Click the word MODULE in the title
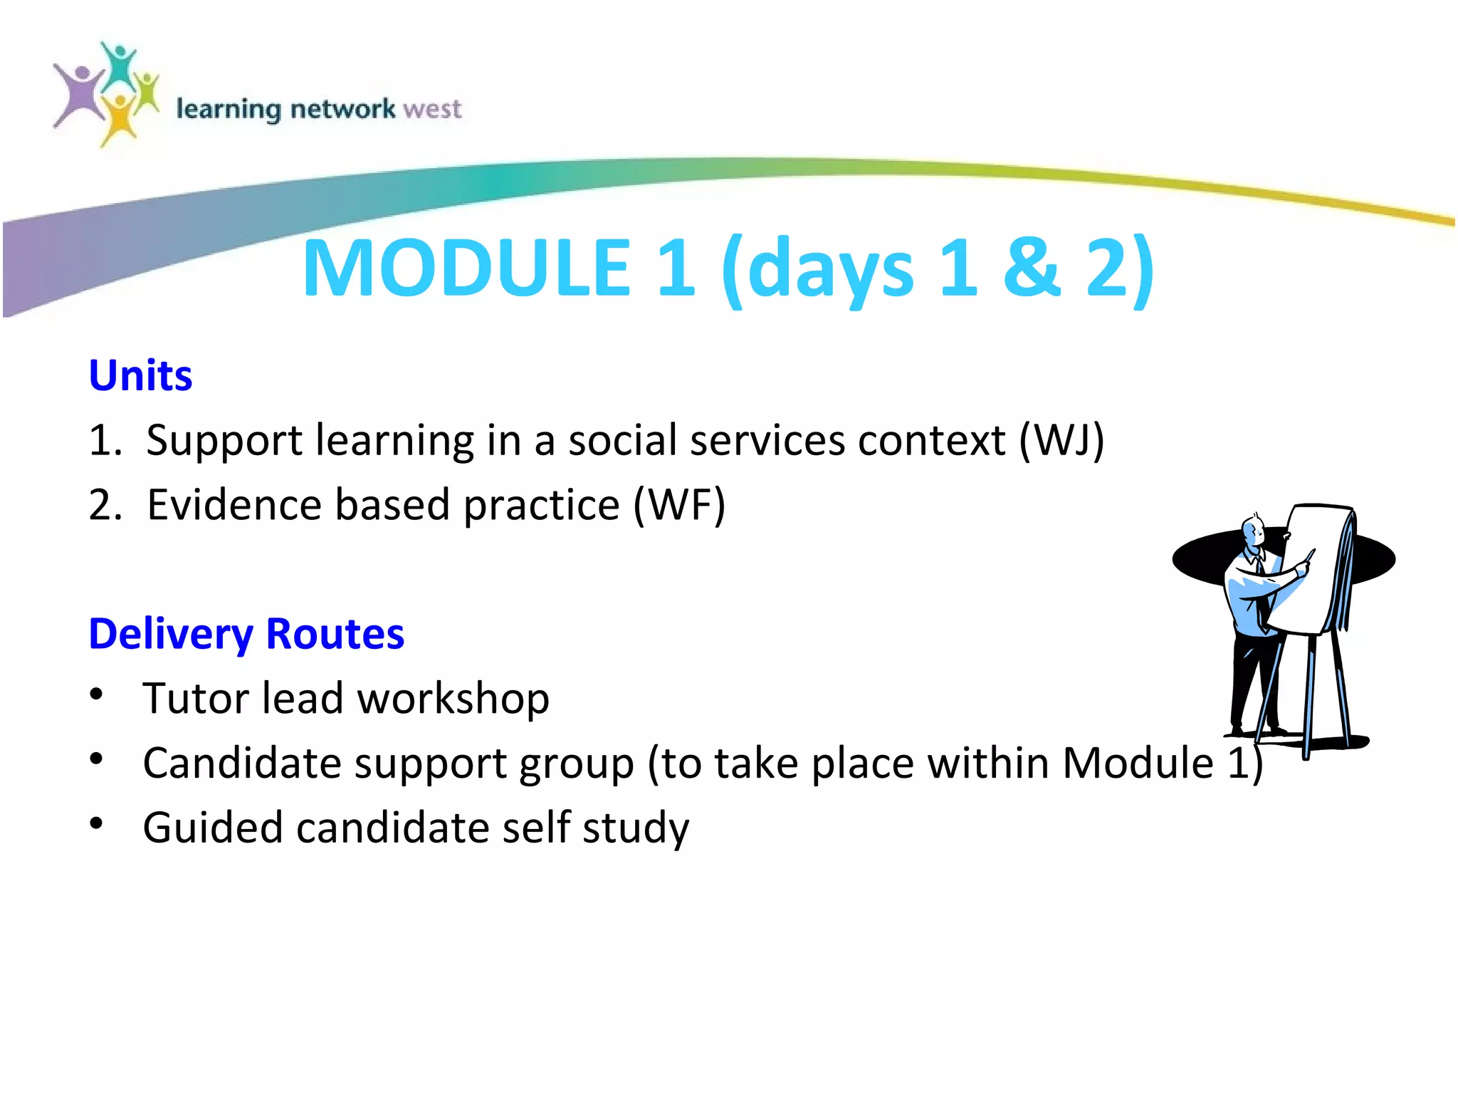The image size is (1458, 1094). tap(466, 268)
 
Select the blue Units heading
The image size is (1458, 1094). tap(140, 375)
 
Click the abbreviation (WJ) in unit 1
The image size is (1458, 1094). tap(1061, 440)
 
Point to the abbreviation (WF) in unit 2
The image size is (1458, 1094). tap(679, 505)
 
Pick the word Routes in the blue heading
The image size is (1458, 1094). tap(335, 634)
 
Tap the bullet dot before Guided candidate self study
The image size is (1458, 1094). tap(97, 824)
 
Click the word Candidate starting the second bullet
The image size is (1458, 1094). tap(242, 764)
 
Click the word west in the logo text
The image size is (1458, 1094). tap(431, 109)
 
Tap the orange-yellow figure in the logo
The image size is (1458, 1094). tap(119, 118)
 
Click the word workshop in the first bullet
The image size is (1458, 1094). tap(453, 699)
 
